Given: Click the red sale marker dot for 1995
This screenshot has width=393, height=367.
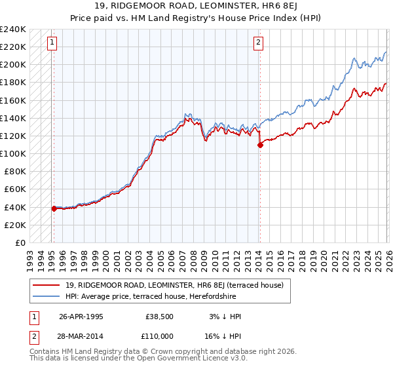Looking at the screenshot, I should [x=54, y=208].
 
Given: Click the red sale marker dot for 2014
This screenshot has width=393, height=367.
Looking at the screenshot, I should [x=260, y=145].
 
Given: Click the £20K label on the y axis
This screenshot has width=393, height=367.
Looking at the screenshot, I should [x=16, y=225].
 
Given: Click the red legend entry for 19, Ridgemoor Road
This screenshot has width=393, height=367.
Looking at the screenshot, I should [x=174, y=285].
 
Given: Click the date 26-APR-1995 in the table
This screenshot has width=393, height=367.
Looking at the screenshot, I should [x=81, y=316].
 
